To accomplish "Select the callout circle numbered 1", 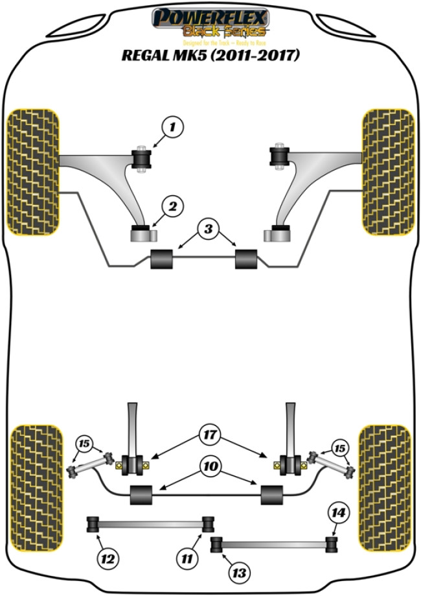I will tap(172, 128).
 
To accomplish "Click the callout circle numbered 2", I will tap(172, 208).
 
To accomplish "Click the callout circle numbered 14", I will tap(338, 514).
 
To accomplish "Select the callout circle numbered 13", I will tap(240, 572).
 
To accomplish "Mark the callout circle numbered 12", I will tap(109, 556).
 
